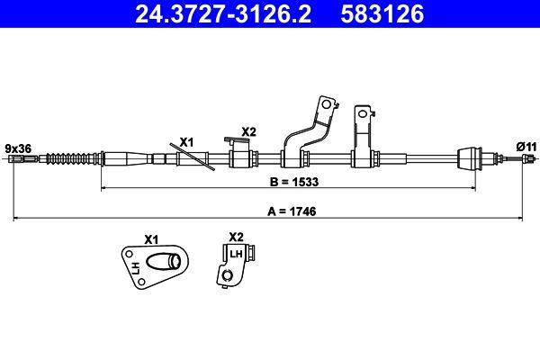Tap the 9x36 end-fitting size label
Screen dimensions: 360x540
[x=18, y=146]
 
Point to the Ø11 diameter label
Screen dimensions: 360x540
[x=526, y=146]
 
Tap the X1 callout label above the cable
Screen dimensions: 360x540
[x=187, y=141]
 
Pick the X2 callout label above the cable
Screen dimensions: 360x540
[x=248, y=131]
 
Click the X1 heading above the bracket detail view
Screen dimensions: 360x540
[x=150, y=240]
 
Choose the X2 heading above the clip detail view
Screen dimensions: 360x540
[x=236, y=237]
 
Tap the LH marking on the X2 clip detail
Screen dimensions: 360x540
[x=236, y=255]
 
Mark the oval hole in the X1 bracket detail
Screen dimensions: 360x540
[x=167, y=263]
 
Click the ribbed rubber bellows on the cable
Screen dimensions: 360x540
[x=69, y=159]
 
